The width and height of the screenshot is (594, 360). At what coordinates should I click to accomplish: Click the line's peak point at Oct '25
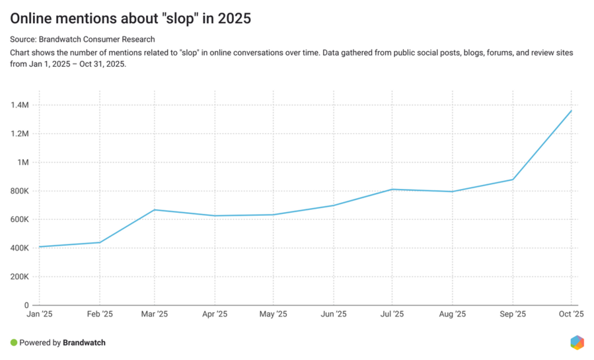(x=571, y=110)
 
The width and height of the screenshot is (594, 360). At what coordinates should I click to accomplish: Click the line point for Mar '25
(x=154, y=210)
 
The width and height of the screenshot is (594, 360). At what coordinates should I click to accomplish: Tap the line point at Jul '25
(x=392, y=190)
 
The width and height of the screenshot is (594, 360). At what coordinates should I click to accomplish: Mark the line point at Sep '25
(x=512, y=180)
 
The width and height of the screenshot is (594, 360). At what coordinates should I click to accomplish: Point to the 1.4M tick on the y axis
(x=20, y=105)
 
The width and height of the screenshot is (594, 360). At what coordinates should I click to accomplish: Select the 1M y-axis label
(x=23, y=162)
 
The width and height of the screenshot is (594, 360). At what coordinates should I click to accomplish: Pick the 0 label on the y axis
(x=26, y=306)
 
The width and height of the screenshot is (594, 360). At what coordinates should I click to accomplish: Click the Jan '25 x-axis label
(x=39, y=314)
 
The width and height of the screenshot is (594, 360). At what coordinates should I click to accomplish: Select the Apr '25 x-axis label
(x=214, y=314)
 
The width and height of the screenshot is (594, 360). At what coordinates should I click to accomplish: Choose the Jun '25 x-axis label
(x=333, y=314)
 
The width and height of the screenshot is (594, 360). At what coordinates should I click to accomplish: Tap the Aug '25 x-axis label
(x=453, y=314)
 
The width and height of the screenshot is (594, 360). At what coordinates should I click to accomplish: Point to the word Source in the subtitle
(x=24, y=40)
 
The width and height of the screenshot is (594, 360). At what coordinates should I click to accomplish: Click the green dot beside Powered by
(x=14, y=343)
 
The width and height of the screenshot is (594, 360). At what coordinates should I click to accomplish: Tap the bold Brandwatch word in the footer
(x=84, y=343)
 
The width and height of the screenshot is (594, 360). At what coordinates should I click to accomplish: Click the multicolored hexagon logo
(x=577, y=342)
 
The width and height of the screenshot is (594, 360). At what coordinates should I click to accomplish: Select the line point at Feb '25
(x=100, y=242)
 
